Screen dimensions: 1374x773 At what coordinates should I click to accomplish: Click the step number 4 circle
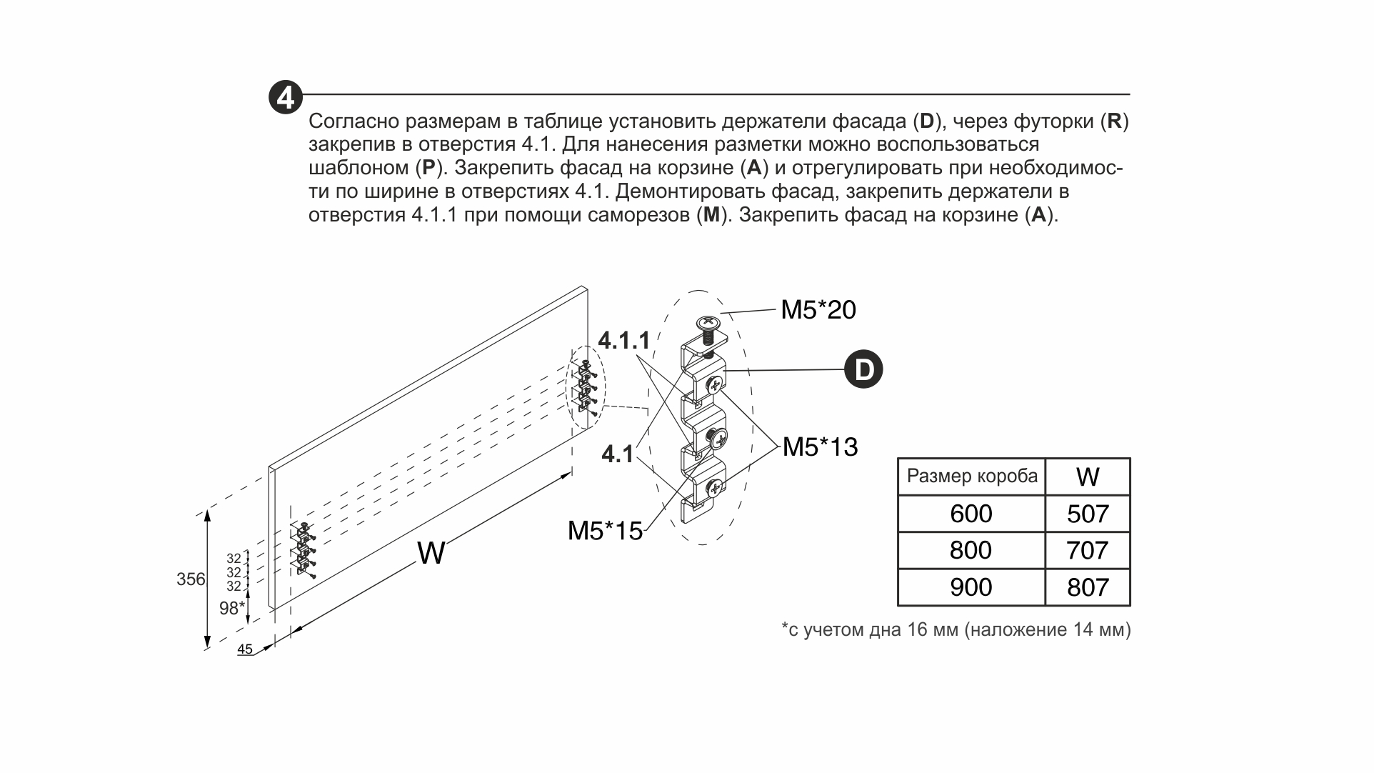[286, 97]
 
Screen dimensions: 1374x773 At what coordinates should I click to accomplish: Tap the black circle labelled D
[863, 369]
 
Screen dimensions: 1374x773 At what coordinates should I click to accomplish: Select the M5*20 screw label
[818, 309]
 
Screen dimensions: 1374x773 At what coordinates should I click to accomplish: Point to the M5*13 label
[820, 447]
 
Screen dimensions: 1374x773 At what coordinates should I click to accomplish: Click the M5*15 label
[605, 531]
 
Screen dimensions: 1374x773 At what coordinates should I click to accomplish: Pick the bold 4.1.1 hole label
[624, 340]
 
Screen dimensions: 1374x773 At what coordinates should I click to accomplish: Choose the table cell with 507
[1088, 514]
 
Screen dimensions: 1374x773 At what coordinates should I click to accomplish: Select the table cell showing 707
[1088, 550]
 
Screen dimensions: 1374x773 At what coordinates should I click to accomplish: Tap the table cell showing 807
[1088, 587]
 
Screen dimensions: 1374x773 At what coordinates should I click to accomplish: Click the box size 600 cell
[971, 514]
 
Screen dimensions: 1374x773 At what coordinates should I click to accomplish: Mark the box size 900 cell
[971, 587]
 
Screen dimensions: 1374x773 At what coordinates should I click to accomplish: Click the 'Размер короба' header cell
[971, 477]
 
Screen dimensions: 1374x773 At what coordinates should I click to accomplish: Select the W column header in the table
[1088, 477]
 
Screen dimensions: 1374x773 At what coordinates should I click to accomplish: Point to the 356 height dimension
[191, 579]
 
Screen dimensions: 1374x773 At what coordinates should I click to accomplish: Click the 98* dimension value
[232, 608]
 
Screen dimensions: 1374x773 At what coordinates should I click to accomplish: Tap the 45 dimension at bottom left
[245, 649]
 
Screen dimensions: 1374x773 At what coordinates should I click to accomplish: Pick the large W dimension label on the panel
[431, 553]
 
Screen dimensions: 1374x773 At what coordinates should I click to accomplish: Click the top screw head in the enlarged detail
[707, 322]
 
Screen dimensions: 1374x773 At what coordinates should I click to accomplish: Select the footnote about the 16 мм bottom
[956, 629]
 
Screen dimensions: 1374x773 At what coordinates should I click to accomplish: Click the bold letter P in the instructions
[428, 169]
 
